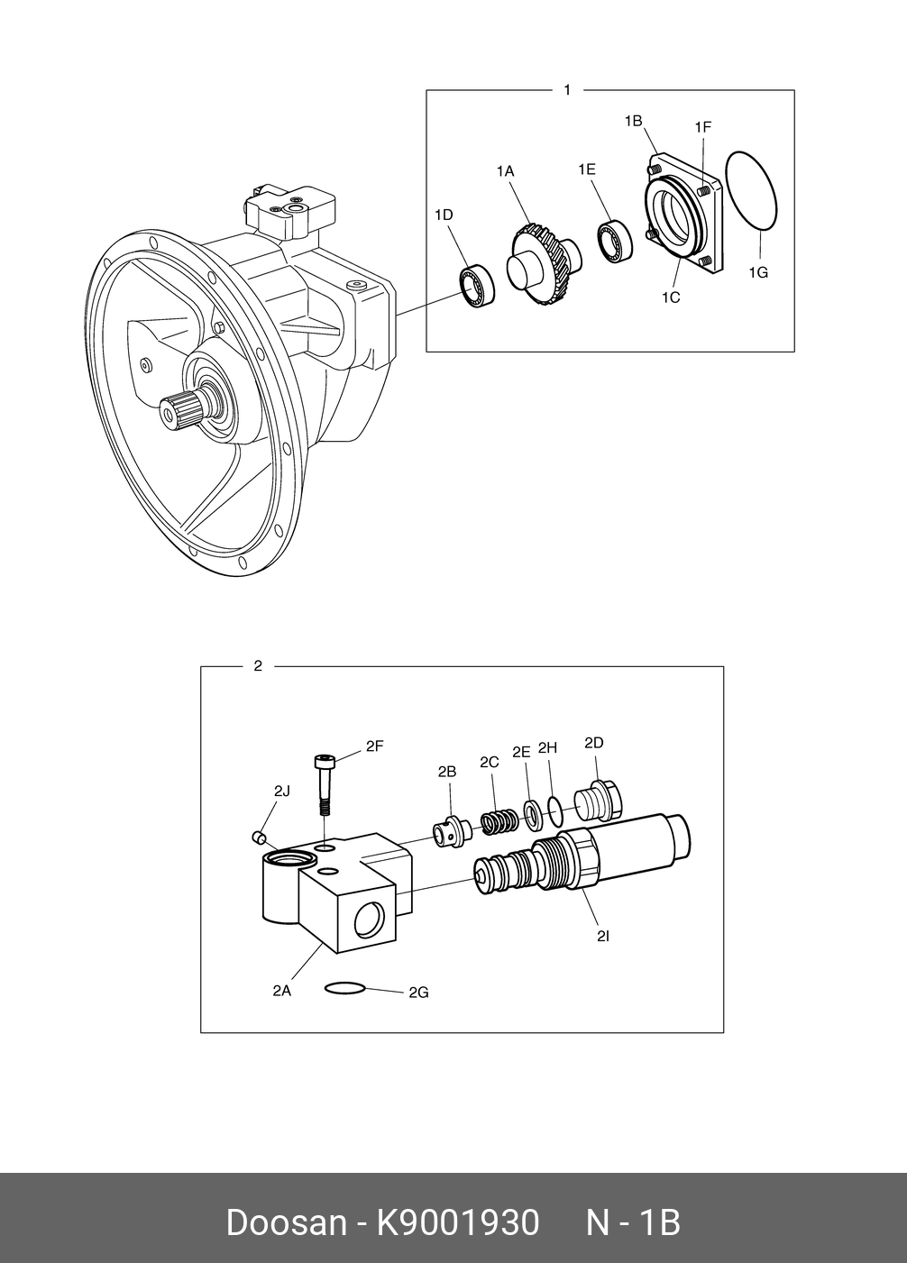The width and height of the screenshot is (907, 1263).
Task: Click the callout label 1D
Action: [x=443, y=215]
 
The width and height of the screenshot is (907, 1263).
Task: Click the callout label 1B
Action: [x=633, y=120]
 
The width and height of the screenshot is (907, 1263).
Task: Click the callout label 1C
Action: [x=670, y=297]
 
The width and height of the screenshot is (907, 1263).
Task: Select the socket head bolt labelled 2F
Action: [x=324, y=782]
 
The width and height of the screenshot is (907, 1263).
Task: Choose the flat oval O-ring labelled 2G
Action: [x=345, y=988]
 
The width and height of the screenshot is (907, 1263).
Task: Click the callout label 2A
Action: [x=281, y=990]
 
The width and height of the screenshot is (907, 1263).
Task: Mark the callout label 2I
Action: [x=603, y=936]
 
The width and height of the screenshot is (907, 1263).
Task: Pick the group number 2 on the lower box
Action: [x=258, y=667]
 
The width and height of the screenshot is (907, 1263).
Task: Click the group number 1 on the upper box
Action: [x=566, y=90]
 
